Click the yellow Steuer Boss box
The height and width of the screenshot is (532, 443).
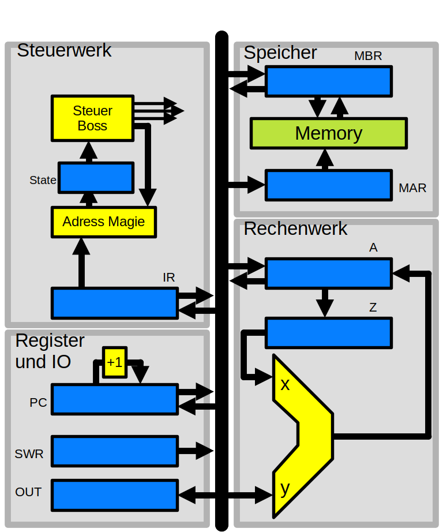92,118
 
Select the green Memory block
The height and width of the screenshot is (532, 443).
328,133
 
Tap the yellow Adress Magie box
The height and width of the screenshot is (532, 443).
104,222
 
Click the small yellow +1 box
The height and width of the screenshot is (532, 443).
114,362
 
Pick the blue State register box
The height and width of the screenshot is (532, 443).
96,178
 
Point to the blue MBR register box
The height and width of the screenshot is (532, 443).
328,81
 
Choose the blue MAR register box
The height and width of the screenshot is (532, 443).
328,185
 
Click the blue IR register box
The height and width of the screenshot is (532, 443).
114,303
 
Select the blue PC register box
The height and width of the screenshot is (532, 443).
114,399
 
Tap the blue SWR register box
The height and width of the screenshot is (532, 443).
114,451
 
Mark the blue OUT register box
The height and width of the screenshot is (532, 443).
114,495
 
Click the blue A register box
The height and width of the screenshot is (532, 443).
328,273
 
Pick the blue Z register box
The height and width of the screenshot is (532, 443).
328,332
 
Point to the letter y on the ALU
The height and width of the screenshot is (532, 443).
284,489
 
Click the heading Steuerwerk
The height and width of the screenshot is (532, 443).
64,50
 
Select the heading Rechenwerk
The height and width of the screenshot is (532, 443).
295,228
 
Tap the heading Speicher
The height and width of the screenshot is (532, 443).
280,53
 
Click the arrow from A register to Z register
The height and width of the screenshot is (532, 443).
325,302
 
